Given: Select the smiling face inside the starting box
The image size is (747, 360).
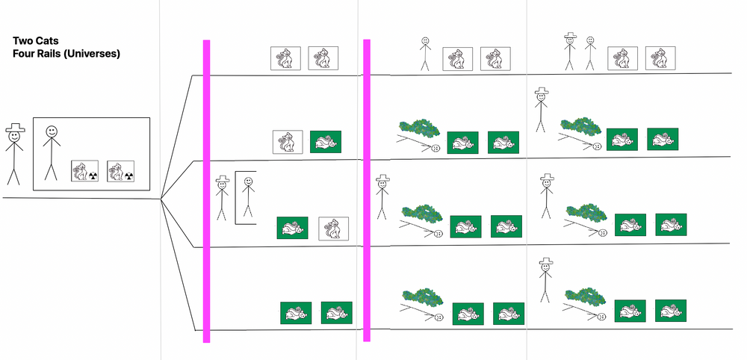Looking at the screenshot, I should point(51,131).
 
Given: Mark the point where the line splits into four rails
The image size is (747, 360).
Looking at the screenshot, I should point(161,199).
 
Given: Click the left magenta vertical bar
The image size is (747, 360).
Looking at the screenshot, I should point(207,191).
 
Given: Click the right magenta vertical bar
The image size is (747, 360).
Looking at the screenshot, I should point(367,191).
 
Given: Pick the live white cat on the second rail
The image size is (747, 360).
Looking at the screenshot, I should point(286,142).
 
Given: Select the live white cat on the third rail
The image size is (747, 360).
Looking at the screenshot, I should point(333,229).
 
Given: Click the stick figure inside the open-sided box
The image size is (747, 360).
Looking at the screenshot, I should point(247,199).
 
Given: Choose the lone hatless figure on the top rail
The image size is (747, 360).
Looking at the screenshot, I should point(424,54).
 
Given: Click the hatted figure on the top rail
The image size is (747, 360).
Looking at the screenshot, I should point(571,51).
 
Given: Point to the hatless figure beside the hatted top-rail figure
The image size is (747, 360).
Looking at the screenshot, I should point(590,53).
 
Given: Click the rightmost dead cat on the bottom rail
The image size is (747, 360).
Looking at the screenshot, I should point(670,310).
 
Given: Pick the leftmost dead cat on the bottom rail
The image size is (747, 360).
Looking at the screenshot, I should point(296,313).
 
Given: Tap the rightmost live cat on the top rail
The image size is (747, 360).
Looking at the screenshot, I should point(660,58).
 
